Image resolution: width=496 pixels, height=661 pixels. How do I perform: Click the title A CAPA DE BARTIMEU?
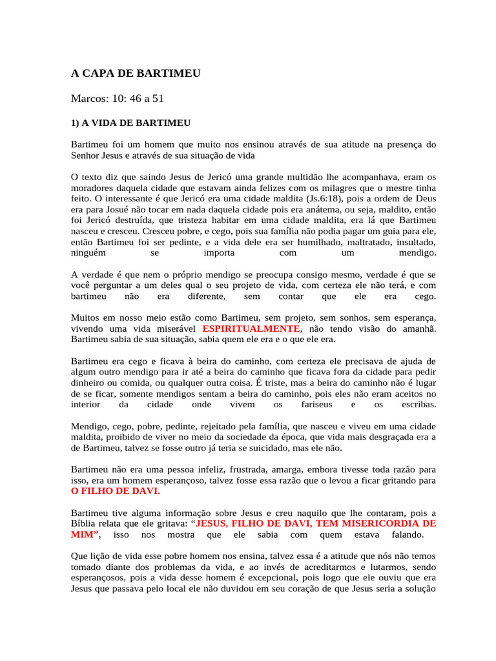click(136, 74)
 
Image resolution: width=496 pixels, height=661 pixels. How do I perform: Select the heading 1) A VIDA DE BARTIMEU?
click(130, 121)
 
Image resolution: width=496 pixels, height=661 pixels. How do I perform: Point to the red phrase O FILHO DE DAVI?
click(114, 491)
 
